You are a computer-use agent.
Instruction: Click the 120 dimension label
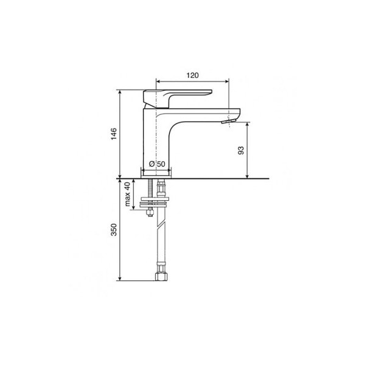point(192,75)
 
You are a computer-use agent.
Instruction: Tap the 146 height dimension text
point(114,134)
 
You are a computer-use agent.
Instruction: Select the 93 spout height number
point(241,150)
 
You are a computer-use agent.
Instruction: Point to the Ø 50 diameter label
point(157,164)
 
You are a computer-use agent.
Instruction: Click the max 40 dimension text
point(127,194)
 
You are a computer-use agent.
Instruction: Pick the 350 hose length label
point(114,229)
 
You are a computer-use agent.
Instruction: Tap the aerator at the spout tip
point(229,121)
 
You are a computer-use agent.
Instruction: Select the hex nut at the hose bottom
point(162,277)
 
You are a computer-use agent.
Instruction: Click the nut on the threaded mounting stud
point(150,212)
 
